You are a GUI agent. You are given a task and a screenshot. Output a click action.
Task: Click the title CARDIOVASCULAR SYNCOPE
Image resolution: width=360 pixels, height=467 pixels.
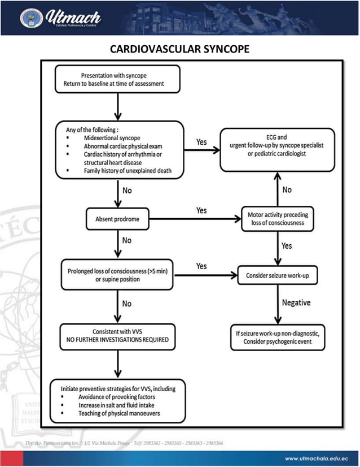coord(179,50)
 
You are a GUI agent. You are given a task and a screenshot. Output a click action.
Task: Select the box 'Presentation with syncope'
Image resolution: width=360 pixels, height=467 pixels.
coord(117,79)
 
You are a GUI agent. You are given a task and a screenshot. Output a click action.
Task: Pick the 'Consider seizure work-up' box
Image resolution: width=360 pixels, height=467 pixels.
coord(276,276)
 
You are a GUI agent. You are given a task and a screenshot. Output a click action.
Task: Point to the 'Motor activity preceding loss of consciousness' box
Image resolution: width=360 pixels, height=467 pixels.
coord(277,218)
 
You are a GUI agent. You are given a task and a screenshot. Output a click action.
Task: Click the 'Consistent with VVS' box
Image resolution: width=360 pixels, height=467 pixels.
coord(117,336)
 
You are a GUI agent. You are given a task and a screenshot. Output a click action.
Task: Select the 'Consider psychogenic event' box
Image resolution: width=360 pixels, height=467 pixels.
coord(277,338)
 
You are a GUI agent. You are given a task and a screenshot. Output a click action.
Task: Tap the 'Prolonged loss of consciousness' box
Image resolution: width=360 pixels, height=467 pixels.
coord(117,275)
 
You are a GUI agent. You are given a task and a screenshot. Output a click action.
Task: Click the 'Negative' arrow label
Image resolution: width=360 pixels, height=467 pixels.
coord(297,302)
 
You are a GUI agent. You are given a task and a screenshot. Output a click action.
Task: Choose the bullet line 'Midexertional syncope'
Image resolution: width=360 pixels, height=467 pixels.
coord(111,137)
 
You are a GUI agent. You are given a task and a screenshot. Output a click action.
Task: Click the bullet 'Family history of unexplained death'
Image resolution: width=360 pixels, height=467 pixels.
coord(128,170)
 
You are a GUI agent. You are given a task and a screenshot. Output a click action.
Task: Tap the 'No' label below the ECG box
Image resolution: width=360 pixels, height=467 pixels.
coord(287,189)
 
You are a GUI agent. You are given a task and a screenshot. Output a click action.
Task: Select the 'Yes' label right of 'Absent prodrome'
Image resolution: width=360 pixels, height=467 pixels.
coord(201,210)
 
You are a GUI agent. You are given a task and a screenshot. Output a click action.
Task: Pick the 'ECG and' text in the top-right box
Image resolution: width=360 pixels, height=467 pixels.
coord(276,137)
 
